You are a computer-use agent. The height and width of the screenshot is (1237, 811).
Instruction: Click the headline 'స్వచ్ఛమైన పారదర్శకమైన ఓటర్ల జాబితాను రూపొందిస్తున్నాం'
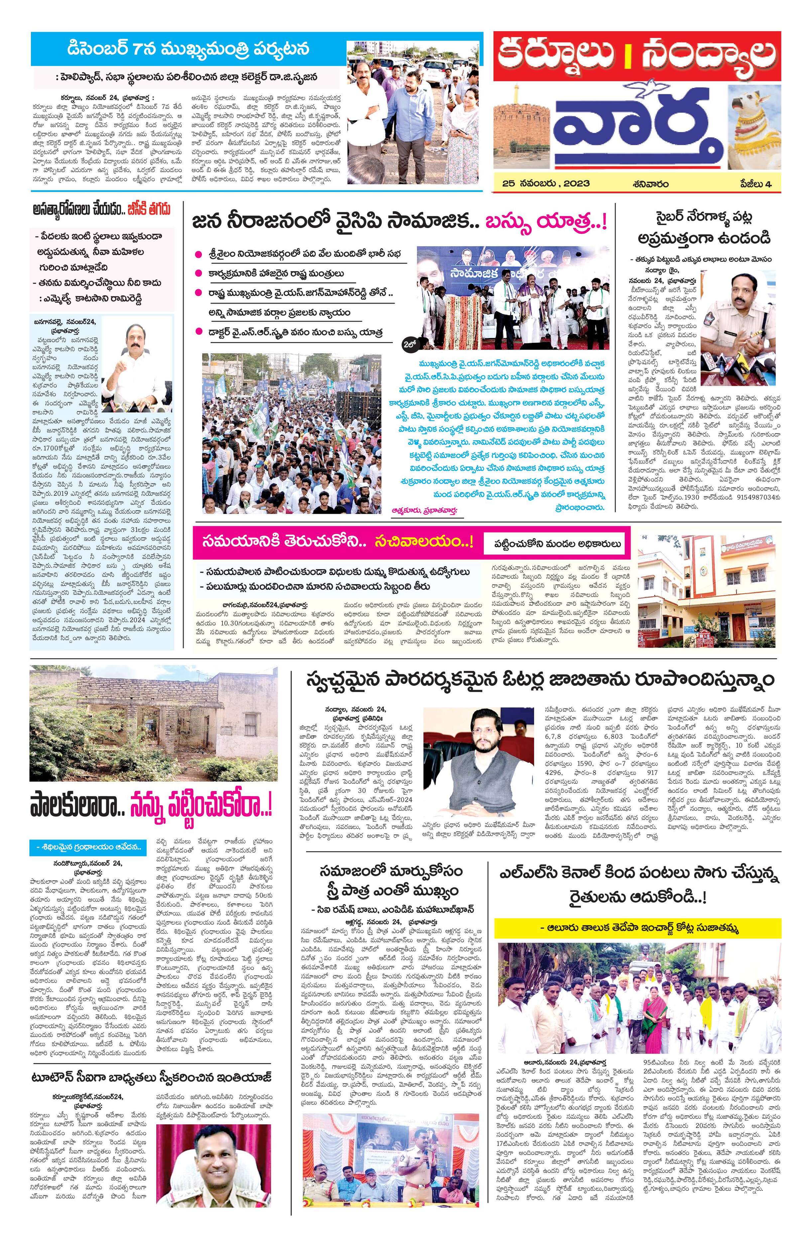(540, 679)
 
